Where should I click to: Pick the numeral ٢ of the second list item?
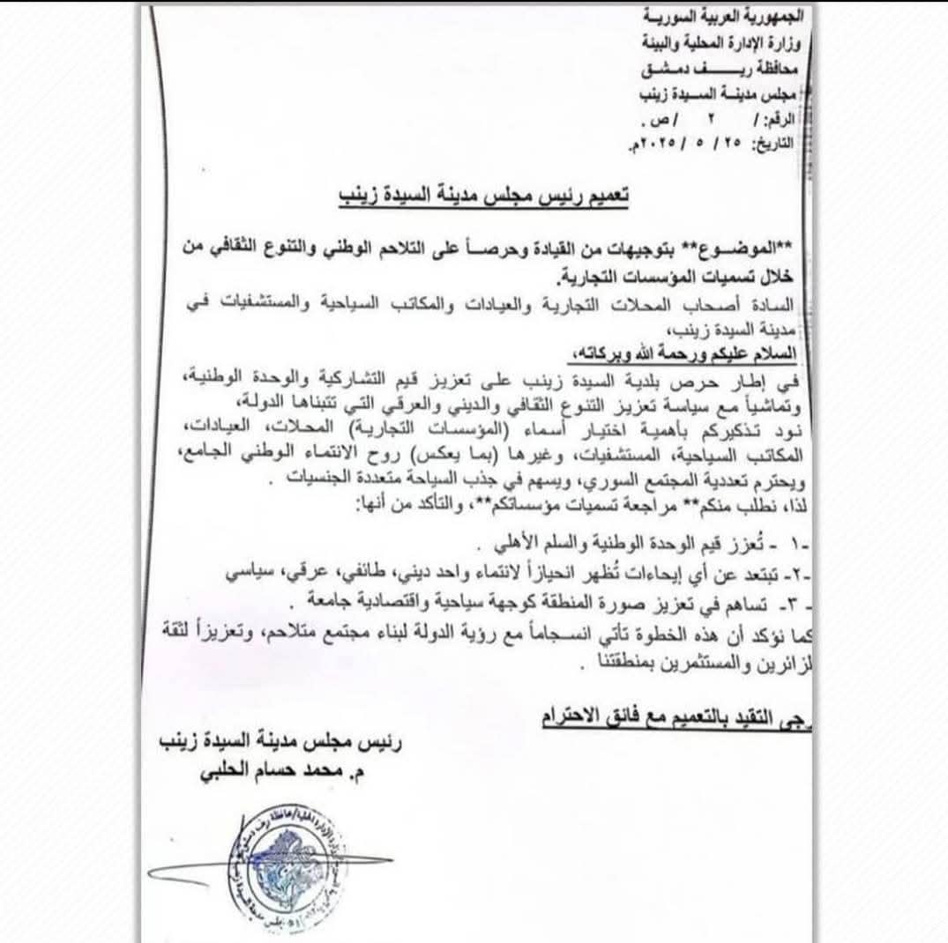coord(796,575)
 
